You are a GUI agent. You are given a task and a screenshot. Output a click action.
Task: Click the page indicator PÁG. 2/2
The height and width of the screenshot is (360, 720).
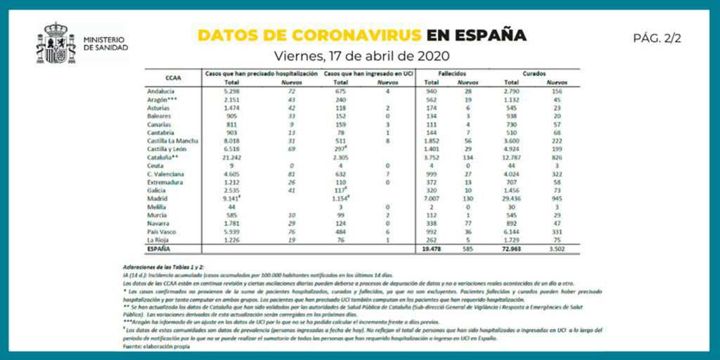point(657,38)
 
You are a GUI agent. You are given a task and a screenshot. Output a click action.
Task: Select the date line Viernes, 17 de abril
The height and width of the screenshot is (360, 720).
point(361,56)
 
